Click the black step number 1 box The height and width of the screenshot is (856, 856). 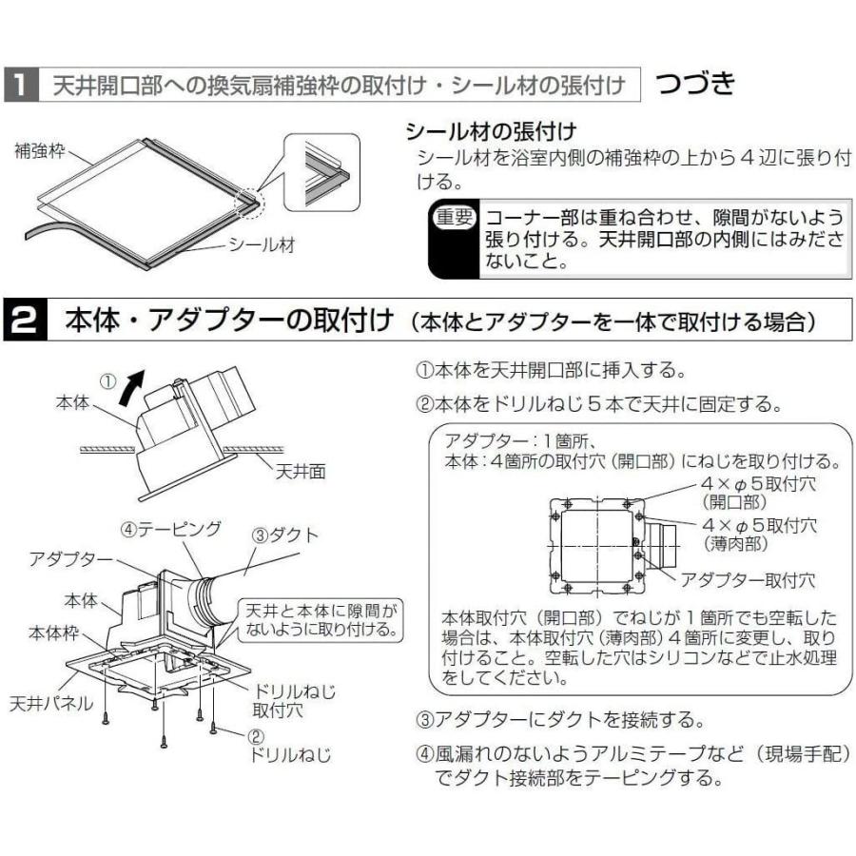coord(19,87)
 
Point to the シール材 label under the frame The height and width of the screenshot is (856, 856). coord(261,244)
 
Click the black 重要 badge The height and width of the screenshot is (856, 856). coord(452,217)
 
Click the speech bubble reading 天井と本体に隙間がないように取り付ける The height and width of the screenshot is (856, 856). coord(319,619)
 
